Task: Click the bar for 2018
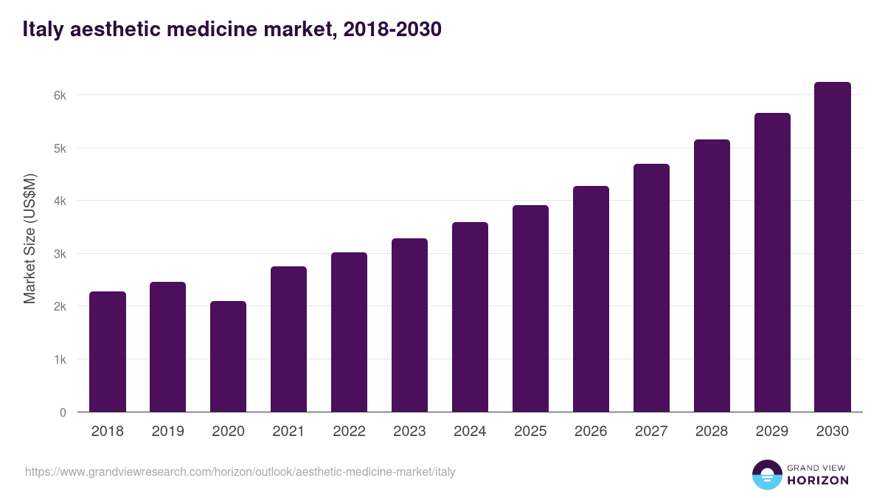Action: click(108, 352)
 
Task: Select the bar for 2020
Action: click(228, 356)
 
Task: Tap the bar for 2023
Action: click(409, 325)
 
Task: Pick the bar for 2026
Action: click(591, 299)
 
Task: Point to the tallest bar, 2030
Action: click(833, 247)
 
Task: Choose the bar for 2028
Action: click(712, 276)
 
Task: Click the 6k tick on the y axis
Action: click(59, 95)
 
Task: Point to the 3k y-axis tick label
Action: click(59, 254)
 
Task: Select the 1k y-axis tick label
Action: click(59, 359)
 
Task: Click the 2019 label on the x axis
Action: click(168, 432)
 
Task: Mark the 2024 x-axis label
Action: click(470, 432)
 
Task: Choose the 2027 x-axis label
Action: click(651, 432)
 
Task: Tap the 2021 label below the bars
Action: click(288, 432)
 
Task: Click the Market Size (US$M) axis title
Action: click(29, 238)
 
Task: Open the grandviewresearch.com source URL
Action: click(240, 471)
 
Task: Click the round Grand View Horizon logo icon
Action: click(766, 474)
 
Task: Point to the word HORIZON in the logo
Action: click(818, 480)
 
